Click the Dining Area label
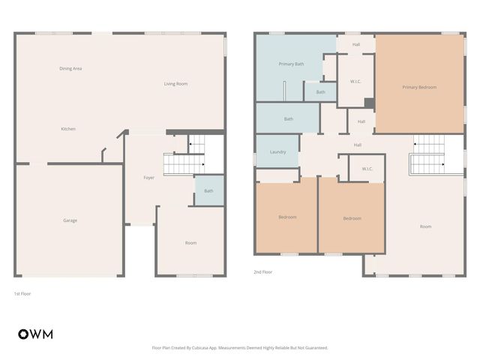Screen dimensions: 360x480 70,68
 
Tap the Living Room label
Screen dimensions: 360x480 175,83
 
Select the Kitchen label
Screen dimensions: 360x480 68,129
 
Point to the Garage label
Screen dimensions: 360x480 70,220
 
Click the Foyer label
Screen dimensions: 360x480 149,178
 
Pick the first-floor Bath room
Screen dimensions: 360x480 208,190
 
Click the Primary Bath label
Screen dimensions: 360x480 291,64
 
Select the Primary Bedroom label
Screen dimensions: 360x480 419,88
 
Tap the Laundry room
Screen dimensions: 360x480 277,152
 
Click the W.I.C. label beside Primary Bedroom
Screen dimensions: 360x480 356,81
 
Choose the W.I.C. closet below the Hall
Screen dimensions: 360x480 367,169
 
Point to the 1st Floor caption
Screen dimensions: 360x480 22,293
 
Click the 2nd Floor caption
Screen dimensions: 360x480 262,273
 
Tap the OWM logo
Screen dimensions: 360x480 35,334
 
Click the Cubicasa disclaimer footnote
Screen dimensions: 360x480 240,347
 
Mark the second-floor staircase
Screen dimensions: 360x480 428,155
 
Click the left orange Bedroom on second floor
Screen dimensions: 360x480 287,217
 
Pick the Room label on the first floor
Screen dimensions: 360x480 191,243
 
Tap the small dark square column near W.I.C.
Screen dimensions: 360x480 369,103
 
